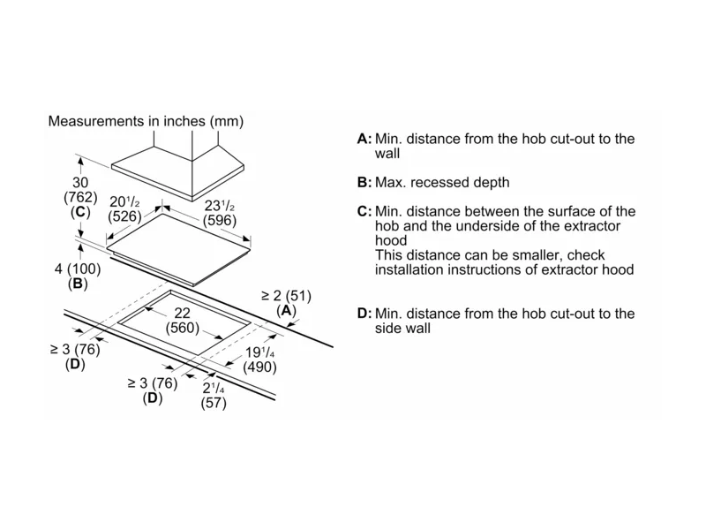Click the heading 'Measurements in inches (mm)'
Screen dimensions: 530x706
[x=146, y=120]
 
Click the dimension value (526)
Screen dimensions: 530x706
[x=124, y=215]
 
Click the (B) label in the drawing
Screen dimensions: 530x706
[x=76, y=284]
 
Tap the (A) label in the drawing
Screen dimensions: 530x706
[x=285, y=311]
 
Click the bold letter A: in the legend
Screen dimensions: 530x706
[x=364, y=140]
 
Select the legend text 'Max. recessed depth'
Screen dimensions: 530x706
[x=442, y=183]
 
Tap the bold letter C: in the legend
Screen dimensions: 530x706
[x=364, y=212]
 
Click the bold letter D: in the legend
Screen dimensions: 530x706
[x=364, y=314]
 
